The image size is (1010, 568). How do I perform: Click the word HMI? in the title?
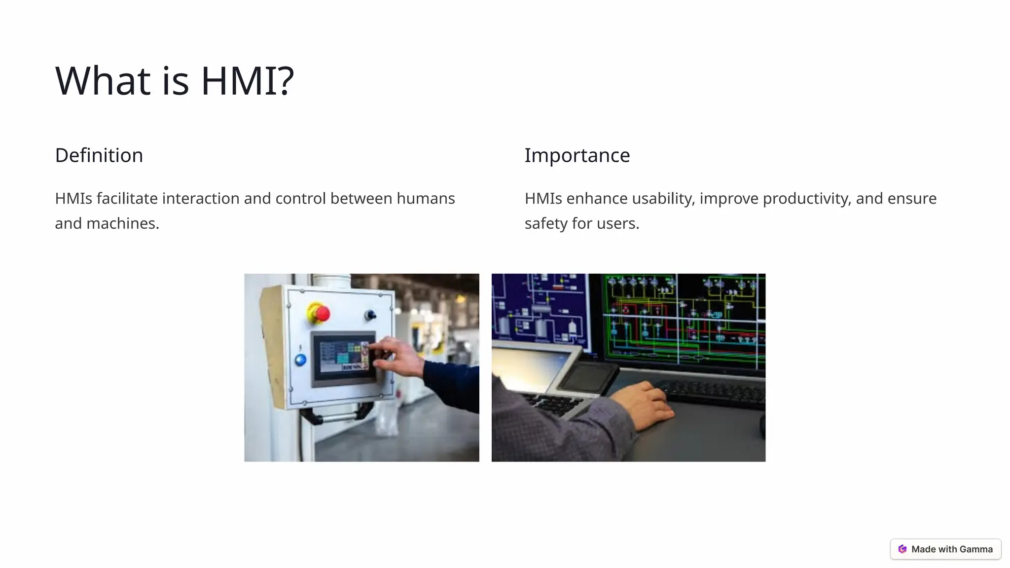click(x=247, y=80)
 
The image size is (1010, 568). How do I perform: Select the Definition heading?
click(x=99, y=155)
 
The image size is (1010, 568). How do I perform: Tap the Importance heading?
click(x=577, y=155)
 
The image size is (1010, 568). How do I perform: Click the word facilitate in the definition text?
click(x=127, y=198)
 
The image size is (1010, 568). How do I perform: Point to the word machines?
click(x=122, y=223)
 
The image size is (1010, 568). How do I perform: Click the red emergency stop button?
click(x=322, y=313)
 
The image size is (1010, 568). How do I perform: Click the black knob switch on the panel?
click(x=370, y=315)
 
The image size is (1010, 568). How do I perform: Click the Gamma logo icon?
click(x=902, y=549)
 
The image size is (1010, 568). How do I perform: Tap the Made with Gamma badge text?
click(x=951, y=549)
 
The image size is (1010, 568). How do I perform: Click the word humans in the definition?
click(x=426, y=198)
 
